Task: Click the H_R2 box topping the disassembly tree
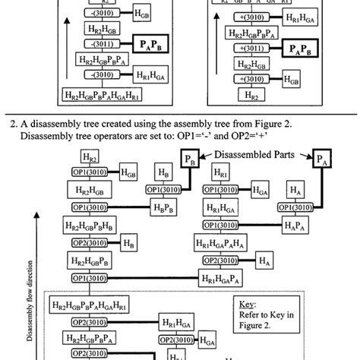pos(88,158)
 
